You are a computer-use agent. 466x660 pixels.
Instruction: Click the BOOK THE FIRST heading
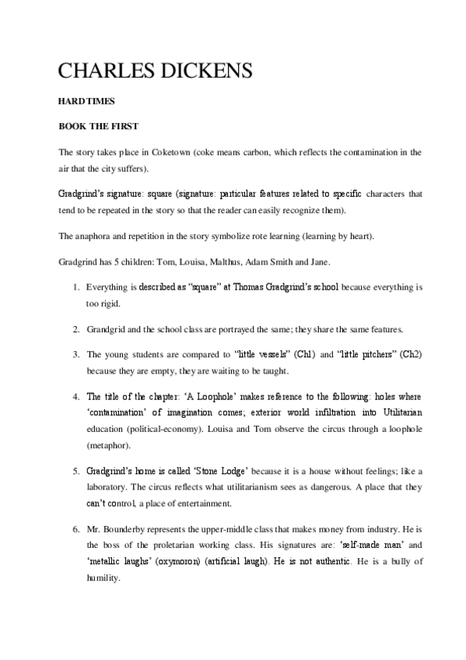tap(98, 125)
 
